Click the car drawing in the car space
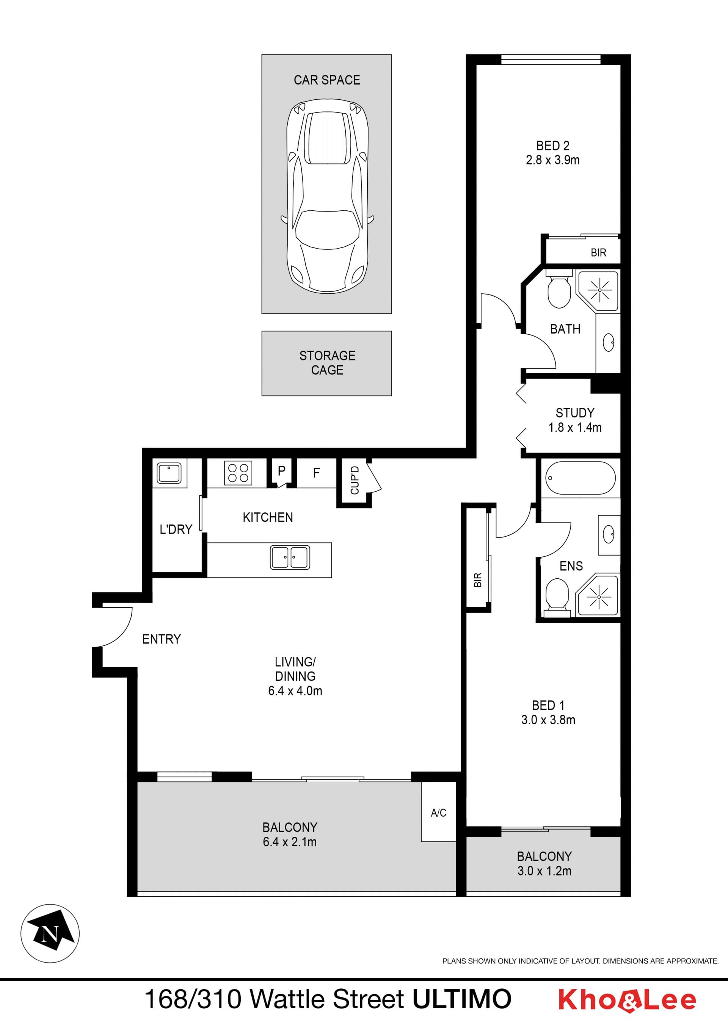pyautogui.click(x=327, y=196)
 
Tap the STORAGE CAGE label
pyautogui.click(x=327, y=363)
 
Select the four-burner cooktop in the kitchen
pyautogui.click(x=238, y=473)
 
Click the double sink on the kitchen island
pyautogui.click(x=290, y=558)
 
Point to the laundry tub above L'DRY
pyautogui.click(x=169, y=473)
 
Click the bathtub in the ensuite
pyautogui.click(x=581, y=478)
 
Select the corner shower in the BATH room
pyautogui.click(x=598, y=291)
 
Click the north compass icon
pyautogui.click(x=50, y=933)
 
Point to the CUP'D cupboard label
pyautogui.click(x=355, y=480)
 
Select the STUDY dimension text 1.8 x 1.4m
pyautogui.click(x=575, y=427)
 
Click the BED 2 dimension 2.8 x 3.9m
pyautogui.click(x=553, y=160)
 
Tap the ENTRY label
pyautogui.click(x=162, y=639)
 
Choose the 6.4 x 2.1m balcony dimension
pyautogui.click(x=290, y=842)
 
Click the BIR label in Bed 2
pyautogui.click(x=598, y=253)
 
